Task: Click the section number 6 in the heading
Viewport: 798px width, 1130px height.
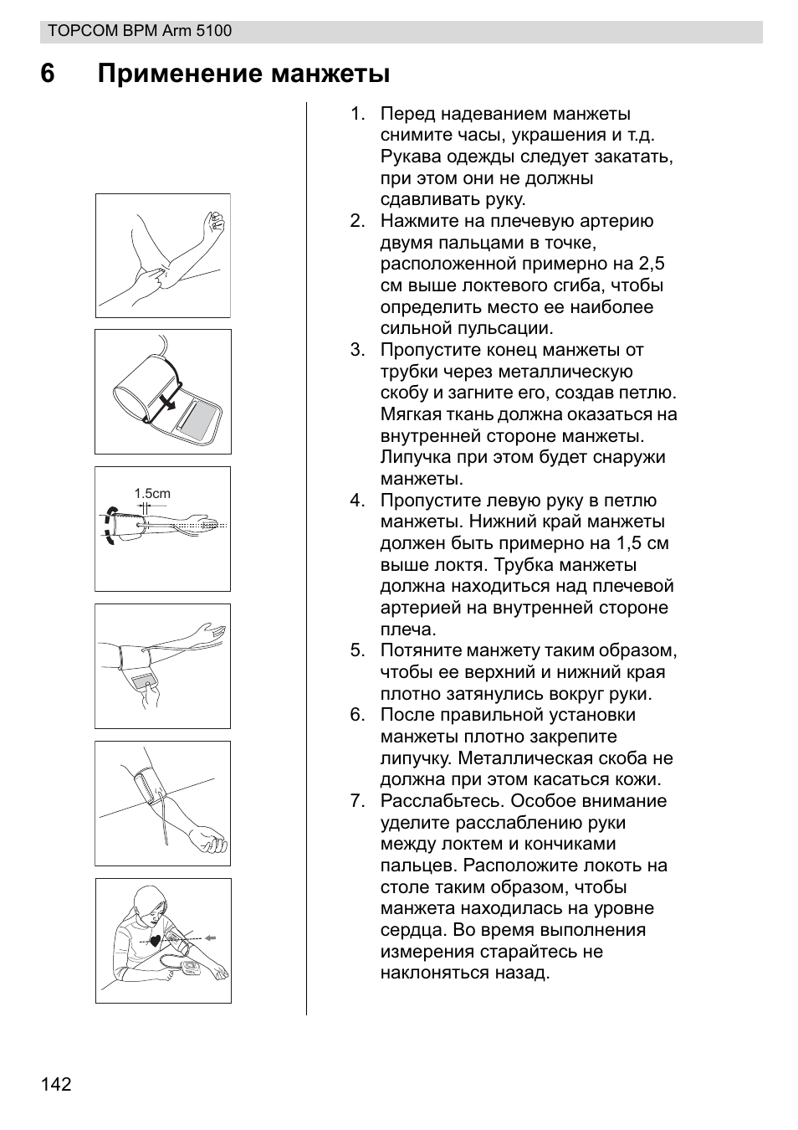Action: (47, 74)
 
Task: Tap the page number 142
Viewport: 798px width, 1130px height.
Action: (56, 1085)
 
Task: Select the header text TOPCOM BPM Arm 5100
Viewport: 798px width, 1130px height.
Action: (140, 31)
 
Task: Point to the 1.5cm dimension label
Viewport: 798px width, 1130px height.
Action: (152, 494)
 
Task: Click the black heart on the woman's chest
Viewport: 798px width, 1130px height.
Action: (154, 940)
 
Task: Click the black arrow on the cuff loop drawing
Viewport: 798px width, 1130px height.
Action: (170, 403)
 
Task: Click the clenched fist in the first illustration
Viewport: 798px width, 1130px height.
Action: (215, 219)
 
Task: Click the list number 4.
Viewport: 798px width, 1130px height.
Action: (357, 501)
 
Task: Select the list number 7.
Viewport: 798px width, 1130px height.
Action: (357, 801)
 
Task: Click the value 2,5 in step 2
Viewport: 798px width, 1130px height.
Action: (652, 264)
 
